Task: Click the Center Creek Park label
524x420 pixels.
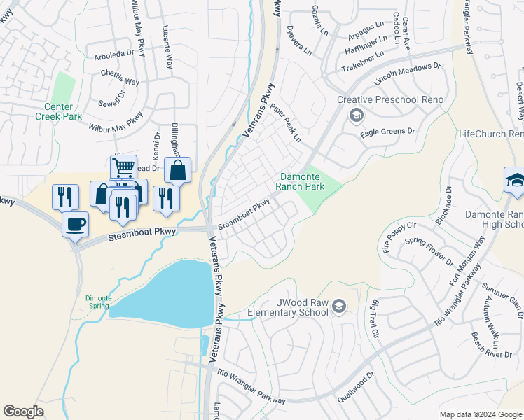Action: (x=64, y=112)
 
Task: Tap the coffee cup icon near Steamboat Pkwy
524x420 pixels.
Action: (x=76, y=225)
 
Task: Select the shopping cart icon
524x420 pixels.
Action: (x=123, y=168)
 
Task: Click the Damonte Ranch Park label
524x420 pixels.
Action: (x=303, y=182)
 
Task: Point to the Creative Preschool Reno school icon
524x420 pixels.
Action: (x=357, y=115)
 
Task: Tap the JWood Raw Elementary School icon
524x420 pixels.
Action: (x=339, y=307)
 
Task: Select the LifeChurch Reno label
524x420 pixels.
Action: (x=490, y=134)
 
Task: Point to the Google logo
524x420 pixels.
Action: (x=23, y=412)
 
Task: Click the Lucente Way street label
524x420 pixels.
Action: (x=167, y=48)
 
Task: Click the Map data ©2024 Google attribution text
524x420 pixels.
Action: (x=480, y=414)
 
